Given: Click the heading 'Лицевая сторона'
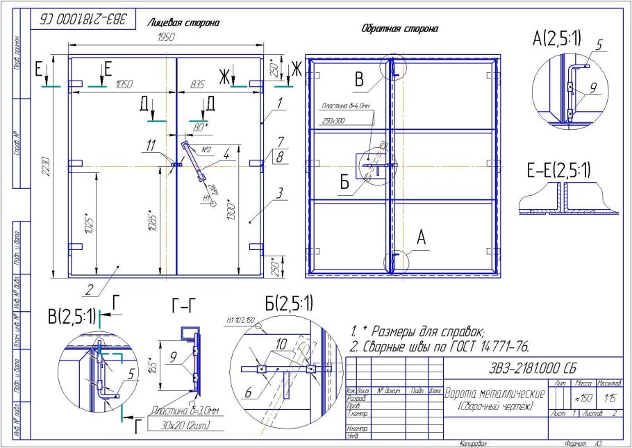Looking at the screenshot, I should click(x=183, y=23).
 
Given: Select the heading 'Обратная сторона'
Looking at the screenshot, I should click(x=400, y=29).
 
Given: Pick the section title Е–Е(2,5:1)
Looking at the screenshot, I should click(x=558, y=169).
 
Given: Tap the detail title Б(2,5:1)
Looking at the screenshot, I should click(x=289, y=303).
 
